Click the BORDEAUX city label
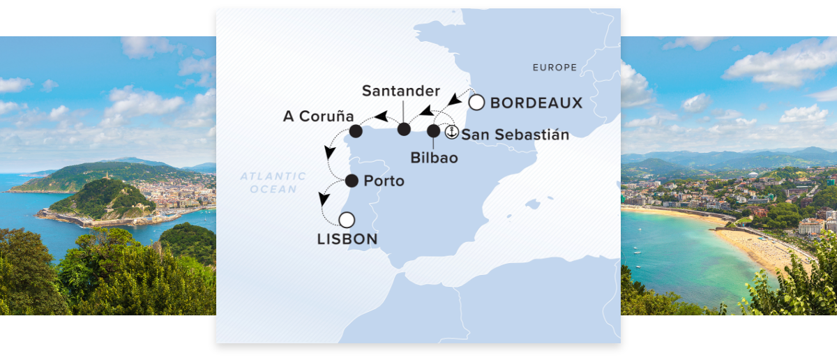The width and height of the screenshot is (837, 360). (536, 103)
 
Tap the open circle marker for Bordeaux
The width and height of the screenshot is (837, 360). (476, 103)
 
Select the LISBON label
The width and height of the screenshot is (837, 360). (347, 239)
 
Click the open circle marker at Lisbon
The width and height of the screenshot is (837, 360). (347, 220)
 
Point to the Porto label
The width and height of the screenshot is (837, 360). (384, 181)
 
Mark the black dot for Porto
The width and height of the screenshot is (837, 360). (352, 181)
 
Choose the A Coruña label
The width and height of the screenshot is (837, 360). (318, 116)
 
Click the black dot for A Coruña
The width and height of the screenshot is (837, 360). (355, 130)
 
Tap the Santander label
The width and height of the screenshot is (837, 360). (401, 91)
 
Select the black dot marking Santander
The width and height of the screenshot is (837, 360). (403, 129)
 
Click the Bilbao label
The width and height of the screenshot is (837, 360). (434, 158)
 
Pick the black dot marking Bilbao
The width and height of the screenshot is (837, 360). (433, 130)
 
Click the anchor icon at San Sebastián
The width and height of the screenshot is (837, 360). (451, 130)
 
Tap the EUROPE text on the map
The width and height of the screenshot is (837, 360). (555, 68)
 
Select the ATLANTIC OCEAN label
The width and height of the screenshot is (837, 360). (273, 183)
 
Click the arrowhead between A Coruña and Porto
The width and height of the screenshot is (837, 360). (328, 153)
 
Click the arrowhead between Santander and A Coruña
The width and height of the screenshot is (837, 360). (380, 116)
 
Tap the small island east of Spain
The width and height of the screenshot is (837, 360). (534, 204)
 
